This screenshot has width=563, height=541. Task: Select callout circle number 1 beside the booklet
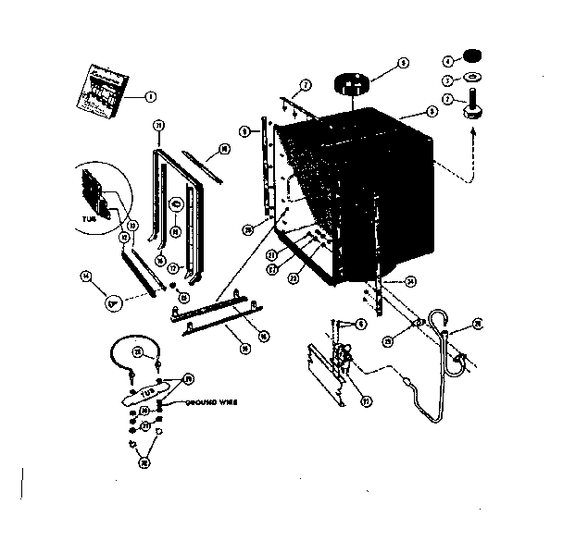pos(149,95)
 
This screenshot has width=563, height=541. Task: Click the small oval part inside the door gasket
pos(176,204)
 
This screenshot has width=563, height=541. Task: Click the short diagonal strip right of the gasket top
pos(205,164)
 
